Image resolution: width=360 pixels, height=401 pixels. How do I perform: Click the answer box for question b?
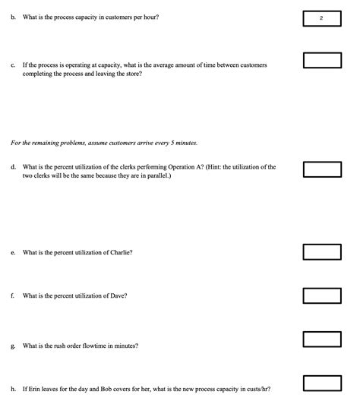pyautogui.click(x=321, y=18)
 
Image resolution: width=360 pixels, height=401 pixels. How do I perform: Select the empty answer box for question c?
pyautogui.click(x=321, y=61)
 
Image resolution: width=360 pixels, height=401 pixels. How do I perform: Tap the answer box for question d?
pyautogui.click(x=321, y=169)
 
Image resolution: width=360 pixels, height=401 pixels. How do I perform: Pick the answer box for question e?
pyautogui.click(x=321, y=251)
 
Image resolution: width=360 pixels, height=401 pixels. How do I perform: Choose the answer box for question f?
pyautogui.click(x=321, y=295)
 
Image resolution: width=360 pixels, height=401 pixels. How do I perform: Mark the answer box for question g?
pyautogui.click(x=321, y=339)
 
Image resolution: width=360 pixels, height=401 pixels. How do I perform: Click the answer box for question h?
pyautogui.click(x=321, y=383)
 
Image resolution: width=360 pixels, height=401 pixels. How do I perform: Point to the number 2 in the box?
pyautogui.click(x=321, y=18)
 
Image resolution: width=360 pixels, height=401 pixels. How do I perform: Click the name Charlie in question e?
pyautogui.click(x=120, y=252)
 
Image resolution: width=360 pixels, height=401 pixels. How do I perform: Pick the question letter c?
pyautogui.click(x=13, y=65)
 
